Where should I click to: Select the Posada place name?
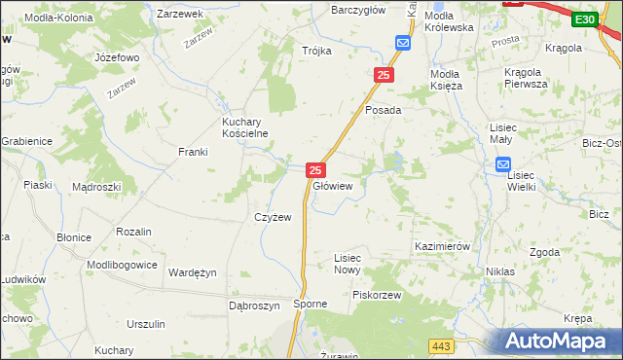coord(384,110)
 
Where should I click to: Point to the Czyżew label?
coord(274,217)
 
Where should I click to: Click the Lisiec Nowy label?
coord(348,264)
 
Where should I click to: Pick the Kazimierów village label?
coord(443,247)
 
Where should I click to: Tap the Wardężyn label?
coord(193,272)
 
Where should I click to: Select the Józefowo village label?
coord(118,57)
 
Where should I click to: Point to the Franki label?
coord(193,152)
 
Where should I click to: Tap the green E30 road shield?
coord(584,19)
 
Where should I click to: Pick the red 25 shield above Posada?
coord(385,75)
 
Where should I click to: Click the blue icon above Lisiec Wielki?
coord(515,166)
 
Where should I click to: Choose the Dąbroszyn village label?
coord(254,305)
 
